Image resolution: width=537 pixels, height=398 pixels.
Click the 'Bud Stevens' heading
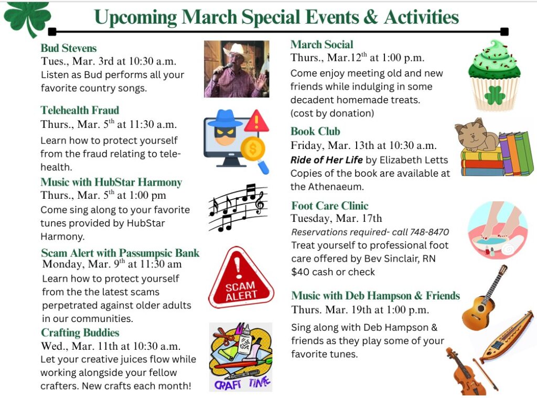pos(69,48)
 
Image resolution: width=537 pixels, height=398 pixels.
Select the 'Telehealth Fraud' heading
pos(80,110)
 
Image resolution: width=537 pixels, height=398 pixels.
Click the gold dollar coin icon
pos(253,148)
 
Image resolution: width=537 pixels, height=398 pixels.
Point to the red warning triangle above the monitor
pos(256,121)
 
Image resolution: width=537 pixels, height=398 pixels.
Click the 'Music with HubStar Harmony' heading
pos(111,182)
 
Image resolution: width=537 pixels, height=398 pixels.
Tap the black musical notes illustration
pos(238,208)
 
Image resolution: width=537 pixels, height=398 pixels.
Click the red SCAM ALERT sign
pos(241,277)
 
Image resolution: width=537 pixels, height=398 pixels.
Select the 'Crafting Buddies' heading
pos(80,332)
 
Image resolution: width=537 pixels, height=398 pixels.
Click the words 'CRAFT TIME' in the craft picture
pos(242,383)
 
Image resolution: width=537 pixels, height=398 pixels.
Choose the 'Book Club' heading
pos(315,131)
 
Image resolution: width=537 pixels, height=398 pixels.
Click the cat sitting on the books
pos(476,135)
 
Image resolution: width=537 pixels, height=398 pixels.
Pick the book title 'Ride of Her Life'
pos(326,160)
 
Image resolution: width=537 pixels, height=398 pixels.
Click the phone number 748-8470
pos(429,232)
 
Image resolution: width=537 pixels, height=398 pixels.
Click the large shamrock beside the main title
pos(27,18)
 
